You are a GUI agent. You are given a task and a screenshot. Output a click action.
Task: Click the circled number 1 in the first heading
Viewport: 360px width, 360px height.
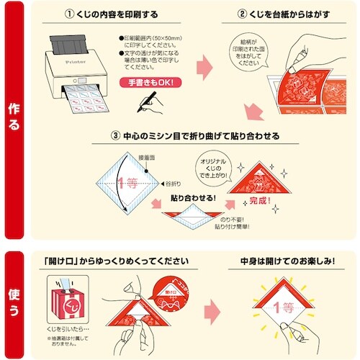click(70, 13)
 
